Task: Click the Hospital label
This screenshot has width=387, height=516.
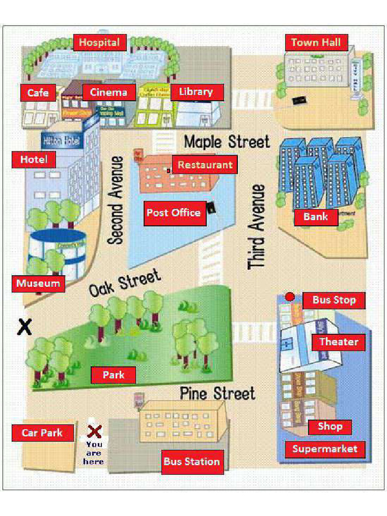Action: coord(99,42)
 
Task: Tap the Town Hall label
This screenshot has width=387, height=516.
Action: coord(316,42)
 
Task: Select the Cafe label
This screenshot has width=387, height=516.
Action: coord(38,92)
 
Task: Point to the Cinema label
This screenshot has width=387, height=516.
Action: coord(109,92)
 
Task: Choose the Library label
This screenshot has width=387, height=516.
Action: coord(196,92)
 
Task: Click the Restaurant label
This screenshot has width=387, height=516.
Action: coord(205,165)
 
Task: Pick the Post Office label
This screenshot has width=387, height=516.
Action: coord(174,213)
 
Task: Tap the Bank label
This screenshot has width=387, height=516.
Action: coord(315,217)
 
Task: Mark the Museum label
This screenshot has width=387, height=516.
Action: coord(38,283)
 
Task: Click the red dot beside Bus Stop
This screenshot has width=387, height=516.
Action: coord(290,297)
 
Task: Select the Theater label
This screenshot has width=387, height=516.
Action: coord(339,342)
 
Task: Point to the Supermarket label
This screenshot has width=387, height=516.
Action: coord(325,449)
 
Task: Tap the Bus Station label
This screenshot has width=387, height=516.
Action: coord(191,461)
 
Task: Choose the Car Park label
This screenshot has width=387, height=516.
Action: coord(42,432)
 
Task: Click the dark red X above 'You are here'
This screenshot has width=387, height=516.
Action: coord(94,431)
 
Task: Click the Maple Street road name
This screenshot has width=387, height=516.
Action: coord(227,142)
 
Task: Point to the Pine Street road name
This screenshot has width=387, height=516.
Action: coord(218,393)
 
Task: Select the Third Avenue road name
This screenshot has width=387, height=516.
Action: coord(256,226)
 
